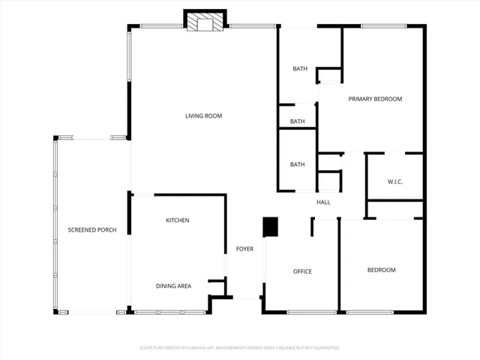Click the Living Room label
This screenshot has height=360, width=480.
[204, 115]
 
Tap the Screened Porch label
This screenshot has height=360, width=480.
[92, 229]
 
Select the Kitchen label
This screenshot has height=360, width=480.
[178, 220]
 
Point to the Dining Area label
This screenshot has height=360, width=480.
[173, 286]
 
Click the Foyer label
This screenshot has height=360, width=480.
[244, 249]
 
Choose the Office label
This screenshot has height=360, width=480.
[302, 271]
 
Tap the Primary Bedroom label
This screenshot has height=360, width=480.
[375, 99]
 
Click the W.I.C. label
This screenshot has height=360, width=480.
[396, 181]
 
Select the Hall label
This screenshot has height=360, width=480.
[323, 202]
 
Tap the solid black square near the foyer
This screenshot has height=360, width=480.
[270, 226]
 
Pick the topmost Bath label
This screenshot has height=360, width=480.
[300, 69]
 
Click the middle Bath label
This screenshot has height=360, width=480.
[298, 121]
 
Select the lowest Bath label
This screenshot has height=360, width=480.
[298, 165]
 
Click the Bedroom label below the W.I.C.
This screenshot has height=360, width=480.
[381, 270]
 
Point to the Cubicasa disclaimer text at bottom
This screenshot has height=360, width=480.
[240, 348]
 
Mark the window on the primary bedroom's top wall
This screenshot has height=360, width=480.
[384, 27]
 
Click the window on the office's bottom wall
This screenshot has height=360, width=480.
[311, 312]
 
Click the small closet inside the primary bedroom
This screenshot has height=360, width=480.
[329, 76]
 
